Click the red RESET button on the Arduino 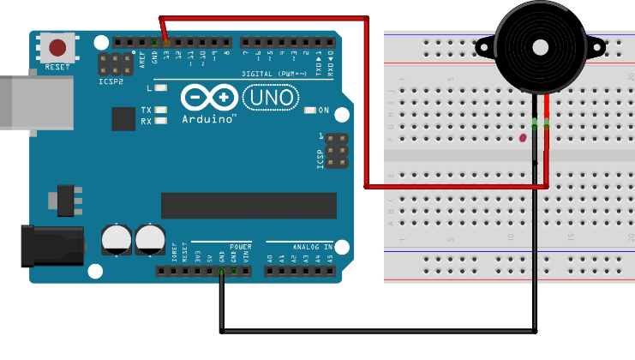[x=57, y=48]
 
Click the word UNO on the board [x=272, y=99]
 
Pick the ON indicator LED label [x=323, y=111]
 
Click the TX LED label [x=147, y=111]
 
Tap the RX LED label [x=147, y=122]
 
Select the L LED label [x=149, y=88]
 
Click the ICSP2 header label [x=111, y=81]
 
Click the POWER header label [x=241, y=246]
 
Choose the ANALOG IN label [x=307, y=246]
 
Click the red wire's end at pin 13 [x=165, y=42]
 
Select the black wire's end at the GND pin [x=222, y=273]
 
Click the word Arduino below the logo [x=209, y=119]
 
